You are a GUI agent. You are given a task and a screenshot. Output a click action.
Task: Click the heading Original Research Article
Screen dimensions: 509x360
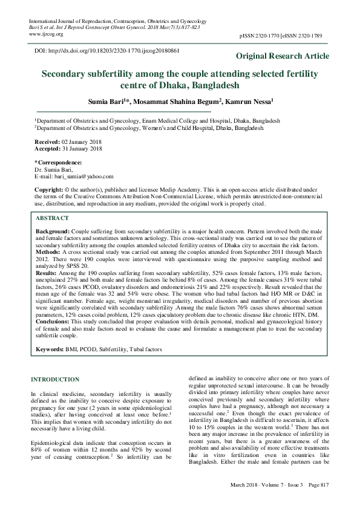pyautogui.click(x=283, y=56)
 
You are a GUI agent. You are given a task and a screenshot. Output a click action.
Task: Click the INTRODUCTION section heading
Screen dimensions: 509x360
pyautogui.click(x=55, y=379)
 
